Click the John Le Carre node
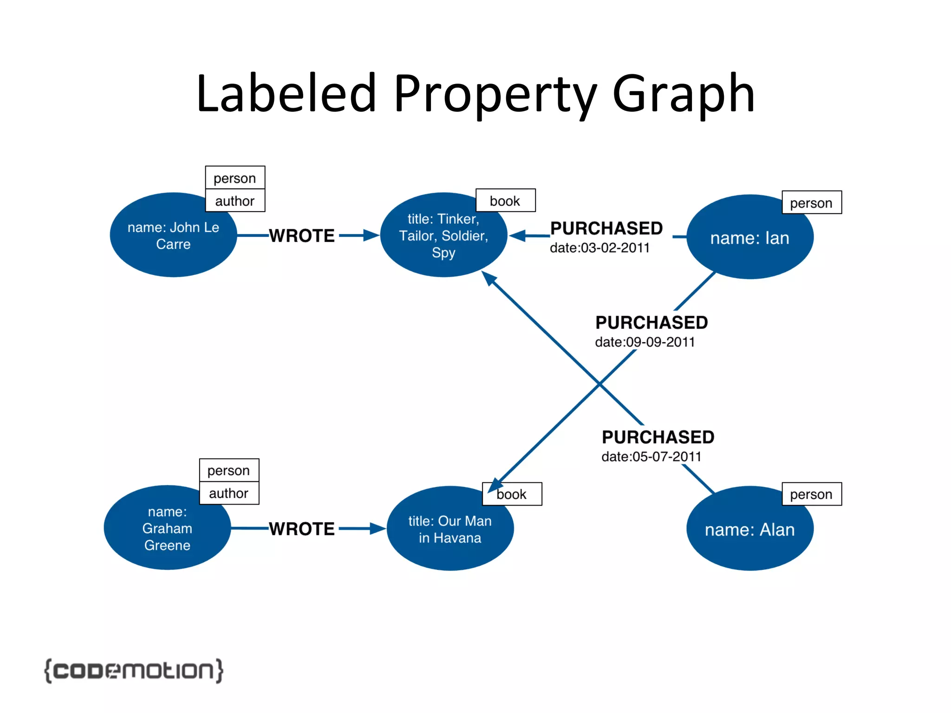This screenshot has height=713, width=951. coord(173,235)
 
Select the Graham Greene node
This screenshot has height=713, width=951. coord(167,528)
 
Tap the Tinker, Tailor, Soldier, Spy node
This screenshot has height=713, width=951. coord(443,235)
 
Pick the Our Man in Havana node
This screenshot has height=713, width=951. coord(449,529)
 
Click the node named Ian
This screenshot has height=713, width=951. coord(749,238)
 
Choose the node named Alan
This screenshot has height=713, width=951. coord(749,529)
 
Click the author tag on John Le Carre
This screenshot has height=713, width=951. coord(235,201)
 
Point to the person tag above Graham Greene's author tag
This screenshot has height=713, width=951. coord(229,470)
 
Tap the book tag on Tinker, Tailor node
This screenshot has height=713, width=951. coord(505,201)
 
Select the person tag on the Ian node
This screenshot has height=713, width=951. coord(811,203)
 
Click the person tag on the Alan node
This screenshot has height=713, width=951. coord(811,494)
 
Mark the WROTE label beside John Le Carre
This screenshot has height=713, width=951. coord(302,236)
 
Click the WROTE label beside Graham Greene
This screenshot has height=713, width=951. coord(302,529)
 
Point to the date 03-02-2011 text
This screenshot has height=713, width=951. coord(599,248)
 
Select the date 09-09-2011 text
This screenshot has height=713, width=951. coord(645,342)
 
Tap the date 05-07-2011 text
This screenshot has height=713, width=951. coord(651,457)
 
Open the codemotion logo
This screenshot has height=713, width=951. coord(134,670)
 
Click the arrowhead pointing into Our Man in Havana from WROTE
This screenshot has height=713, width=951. coord(378,528)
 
